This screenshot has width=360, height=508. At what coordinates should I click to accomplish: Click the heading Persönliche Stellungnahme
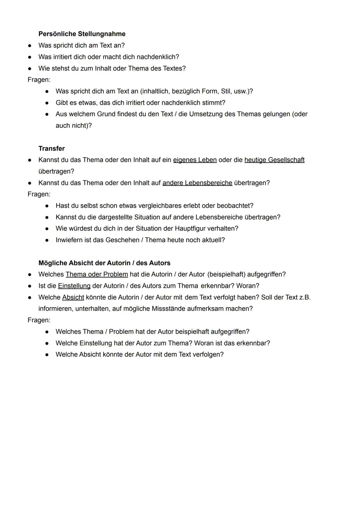click(x=82, y=34)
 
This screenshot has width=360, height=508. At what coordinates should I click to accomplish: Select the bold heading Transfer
click(x=51, y=149)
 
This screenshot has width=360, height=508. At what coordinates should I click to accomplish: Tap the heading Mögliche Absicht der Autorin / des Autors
click(x=104, y=263)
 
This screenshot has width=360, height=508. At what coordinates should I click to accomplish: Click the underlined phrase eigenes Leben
click(x=195, y=160)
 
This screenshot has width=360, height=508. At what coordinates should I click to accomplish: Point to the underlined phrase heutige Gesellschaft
click(x=274, y=160)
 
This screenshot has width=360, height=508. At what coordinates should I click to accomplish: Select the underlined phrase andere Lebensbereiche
click(x=197, y=183)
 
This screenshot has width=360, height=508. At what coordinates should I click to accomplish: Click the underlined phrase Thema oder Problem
click(x=97, y=274)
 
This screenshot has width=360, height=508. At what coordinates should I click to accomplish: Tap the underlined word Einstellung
click(x=74, y=286)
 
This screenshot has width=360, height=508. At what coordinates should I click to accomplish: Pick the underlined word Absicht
click(x=73, y=297)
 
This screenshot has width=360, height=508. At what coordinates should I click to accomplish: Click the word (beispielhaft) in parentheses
click(x=226, y=274)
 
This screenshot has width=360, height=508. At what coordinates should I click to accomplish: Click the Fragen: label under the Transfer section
click(x=39, y=194)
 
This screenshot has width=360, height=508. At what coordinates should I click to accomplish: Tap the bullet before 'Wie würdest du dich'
click(x=47, y=229)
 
